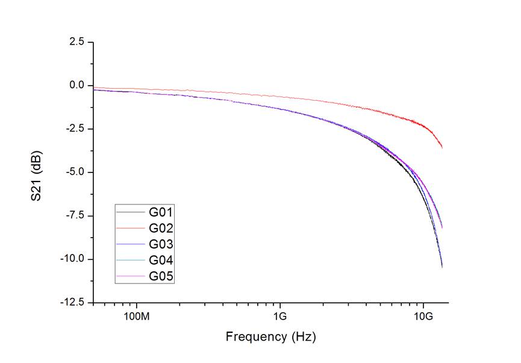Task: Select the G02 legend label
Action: click(161, 228)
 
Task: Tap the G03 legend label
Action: click(161, 244)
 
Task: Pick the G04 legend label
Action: click(161, 260)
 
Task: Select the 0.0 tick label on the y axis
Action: click(76, 86)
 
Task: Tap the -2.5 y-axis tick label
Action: click(75, 129)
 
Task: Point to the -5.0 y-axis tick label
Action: click(75, 172)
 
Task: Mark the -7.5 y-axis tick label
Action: click(75, 216)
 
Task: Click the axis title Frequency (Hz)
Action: click(270, 336)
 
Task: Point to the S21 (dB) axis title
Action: click(39, 172)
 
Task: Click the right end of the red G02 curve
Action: click(442, 147)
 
